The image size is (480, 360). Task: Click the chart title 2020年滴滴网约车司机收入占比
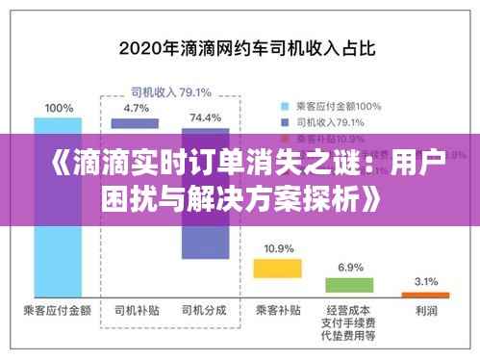tap(240, 44)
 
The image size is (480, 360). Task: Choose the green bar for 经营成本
tap(349, 285)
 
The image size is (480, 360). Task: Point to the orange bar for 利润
tap(424, 293)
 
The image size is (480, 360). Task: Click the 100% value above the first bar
tap(57, 107)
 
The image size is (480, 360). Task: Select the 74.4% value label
tap(205, 116)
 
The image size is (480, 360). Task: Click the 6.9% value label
tap(349, 267)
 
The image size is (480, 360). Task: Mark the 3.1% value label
tap(424, 280)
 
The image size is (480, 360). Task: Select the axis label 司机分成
tap(205, 311)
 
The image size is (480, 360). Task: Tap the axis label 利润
tap(424, 311)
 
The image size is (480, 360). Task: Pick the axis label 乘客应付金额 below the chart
tap(57, 311)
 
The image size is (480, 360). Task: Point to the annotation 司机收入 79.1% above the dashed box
tap(171, 92)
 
